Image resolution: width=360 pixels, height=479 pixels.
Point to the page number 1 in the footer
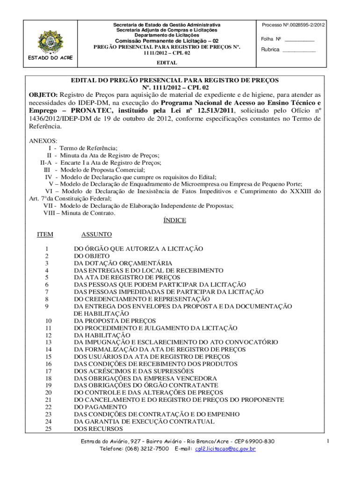coord(329,441)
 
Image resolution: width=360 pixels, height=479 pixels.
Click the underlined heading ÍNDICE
coord(174,220)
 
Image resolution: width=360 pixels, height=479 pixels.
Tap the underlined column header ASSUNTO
coord(96,234)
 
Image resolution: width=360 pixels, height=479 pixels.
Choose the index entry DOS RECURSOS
coord(98,428)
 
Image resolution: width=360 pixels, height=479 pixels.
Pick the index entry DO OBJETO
coord(92,256)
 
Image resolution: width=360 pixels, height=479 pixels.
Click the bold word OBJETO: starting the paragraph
coord(43,94)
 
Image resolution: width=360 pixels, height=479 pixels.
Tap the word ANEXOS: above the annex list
coord(43,140)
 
